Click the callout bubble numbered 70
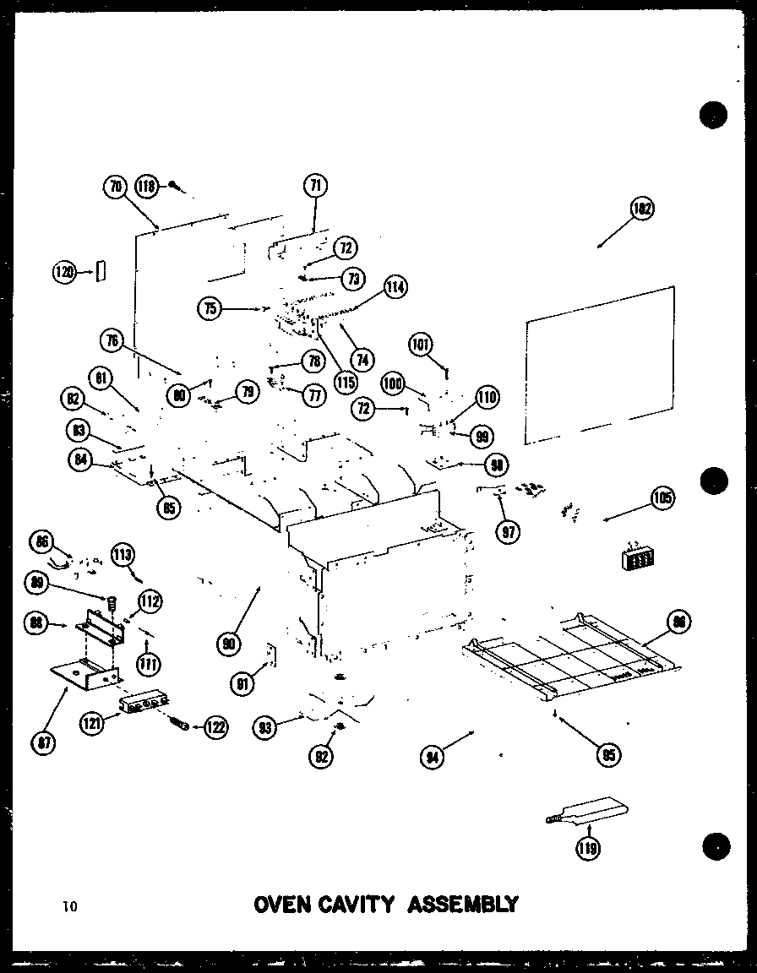click(116, 187)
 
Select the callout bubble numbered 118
click(147, 187)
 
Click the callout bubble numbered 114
click(395, 287)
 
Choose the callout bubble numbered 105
click(662, 498)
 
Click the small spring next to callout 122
click(179, 723)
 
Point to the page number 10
click(68, 907)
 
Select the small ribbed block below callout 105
click(640, 558)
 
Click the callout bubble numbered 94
click(433, 756)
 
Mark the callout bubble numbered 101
click(421, 345)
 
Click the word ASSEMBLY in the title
click(463, 905)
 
